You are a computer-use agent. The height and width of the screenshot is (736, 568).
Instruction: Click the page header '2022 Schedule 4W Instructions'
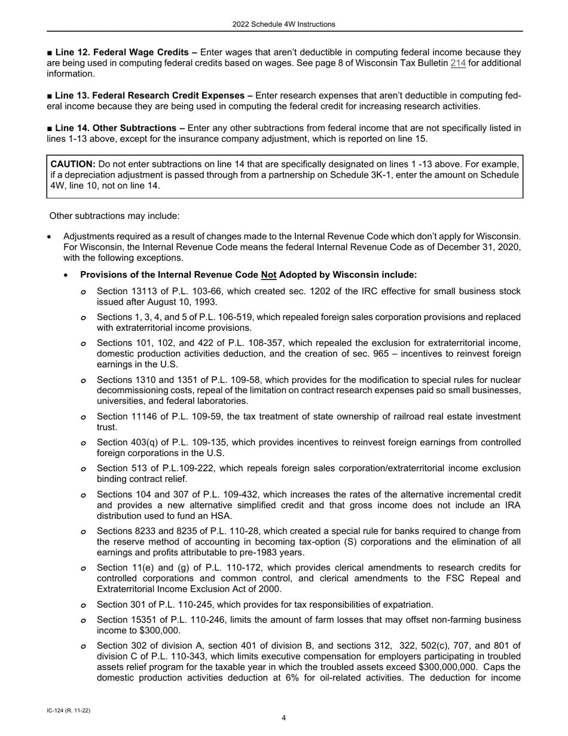point(284,25)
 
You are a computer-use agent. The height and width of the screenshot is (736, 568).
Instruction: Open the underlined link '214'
point(458,63)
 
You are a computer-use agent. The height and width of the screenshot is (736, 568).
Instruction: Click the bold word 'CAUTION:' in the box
point(73,164)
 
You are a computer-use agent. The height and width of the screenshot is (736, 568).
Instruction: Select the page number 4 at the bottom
point(284,718)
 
